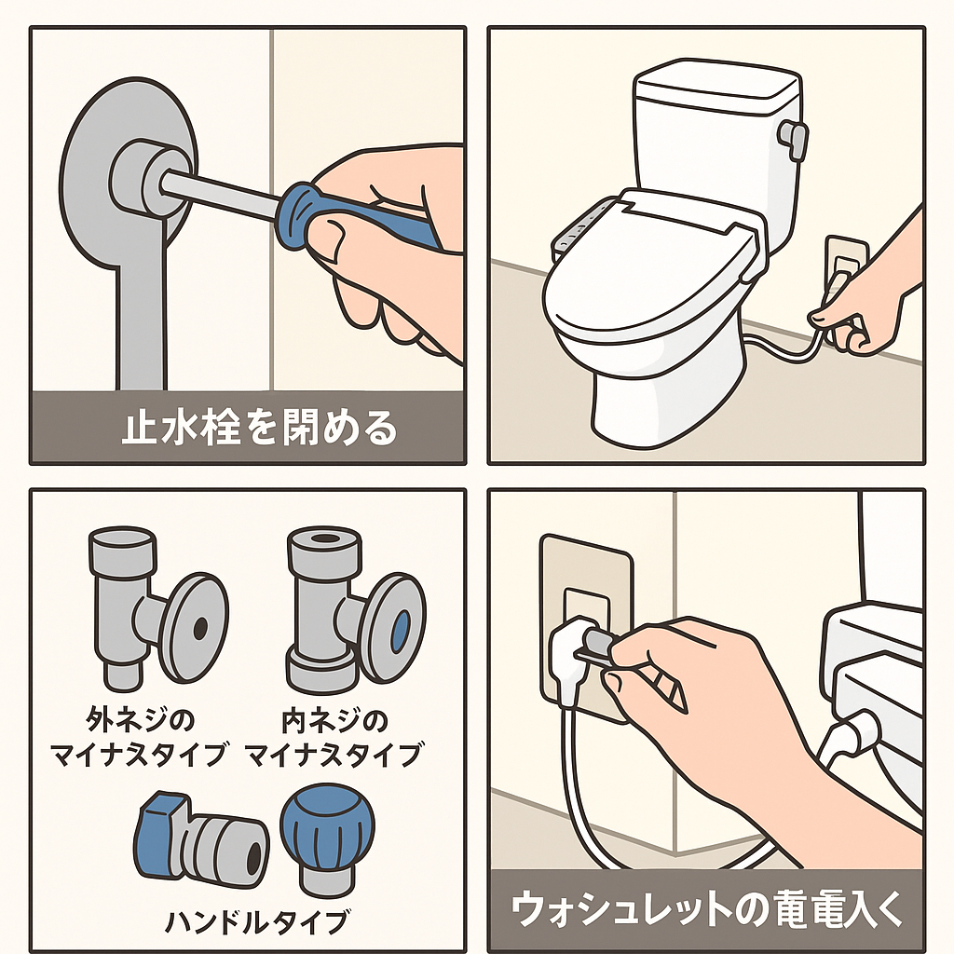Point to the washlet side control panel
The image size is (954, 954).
[576, 238]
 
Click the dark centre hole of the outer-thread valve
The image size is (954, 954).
[199, 631]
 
